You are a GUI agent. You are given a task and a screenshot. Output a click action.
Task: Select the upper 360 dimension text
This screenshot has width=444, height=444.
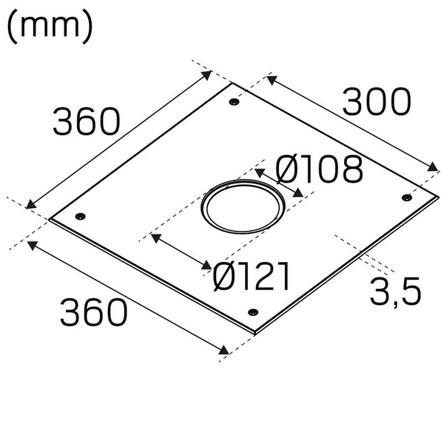tap(86, 121)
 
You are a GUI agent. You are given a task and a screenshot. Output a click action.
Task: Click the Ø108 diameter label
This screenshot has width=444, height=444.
tap(320, 170)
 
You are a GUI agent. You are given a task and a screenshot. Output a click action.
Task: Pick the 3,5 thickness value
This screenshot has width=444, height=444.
tap(395, 292)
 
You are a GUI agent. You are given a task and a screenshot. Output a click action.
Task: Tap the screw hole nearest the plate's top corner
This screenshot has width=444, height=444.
tap(235, 102)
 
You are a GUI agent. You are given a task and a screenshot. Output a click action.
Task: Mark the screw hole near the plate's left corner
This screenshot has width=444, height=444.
tap(81, 216)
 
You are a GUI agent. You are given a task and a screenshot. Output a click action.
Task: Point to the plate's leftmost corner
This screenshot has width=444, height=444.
tap(50, 219)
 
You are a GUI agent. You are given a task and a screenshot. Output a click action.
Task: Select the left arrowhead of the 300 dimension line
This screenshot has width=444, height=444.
tap(268, 77)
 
